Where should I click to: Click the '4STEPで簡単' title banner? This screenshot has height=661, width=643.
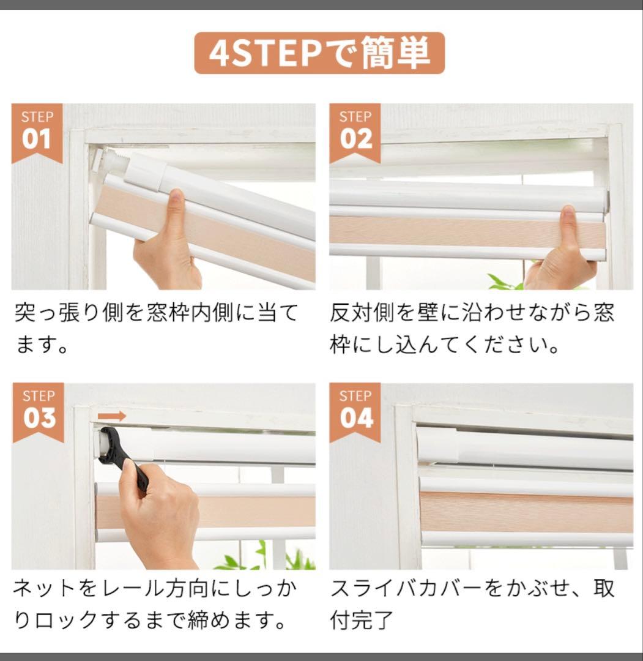pos(319,53)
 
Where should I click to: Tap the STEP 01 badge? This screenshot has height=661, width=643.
pos(37,132)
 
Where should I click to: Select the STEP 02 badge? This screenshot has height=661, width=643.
pos(355,132)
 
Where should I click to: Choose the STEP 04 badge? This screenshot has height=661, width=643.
pos(355,411)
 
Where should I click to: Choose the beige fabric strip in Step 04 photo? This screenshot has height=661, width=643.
pos(526,511)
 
